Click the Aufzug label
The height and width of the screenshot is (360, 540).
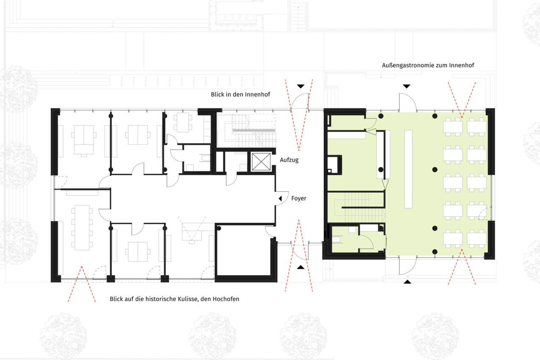coord(289,160)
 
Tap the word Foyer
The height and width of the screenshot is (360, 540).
coord(299,199)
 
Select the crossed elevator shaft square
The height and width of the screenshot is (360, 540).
coord(261,161)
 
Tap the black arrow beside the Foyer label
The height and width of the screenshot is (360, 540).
coord(280,199)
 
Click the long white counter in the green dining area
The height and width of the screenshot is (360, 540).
coord(408,169)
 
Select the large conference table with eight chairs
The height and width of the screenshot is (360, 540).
coord(82,227)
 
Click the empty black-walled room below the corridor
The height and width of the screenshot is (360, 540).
coord(243,251)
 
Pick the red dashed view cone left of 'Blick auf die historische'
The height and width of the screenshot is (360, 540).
coord(82,284)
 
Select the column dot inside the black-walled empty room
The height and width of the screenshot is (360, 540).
coord(219,228)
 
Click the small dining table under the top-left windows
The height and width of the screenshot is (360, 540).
coord(183,122)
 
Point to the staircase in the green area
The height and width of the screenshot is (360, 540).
coord(356,207)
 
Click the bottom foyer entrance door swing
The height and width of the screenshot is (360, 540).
coord(300,252)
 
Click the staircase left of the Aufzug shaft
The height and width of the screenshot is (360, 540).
coord(251,130)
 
